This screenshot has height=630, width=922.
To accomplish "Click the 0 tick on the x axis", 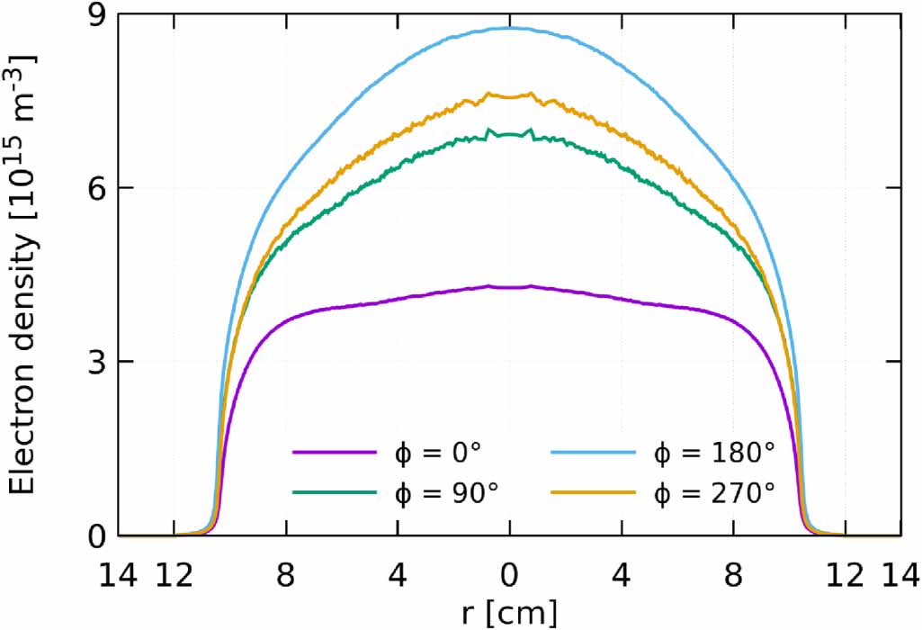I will point(510,573).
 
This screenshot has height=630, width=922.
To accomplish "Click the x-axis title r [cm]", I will point(510,613).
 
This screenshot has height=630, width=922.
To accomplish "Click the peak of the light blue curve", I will point(510,28).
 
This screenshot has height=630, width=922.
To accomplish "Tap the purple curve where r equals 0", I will point(510,287).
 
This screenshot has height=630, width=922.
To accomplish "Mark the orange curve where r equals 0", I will point(510,96).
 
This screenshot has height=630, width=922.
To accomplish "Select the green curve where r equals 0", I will point(510,134).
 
